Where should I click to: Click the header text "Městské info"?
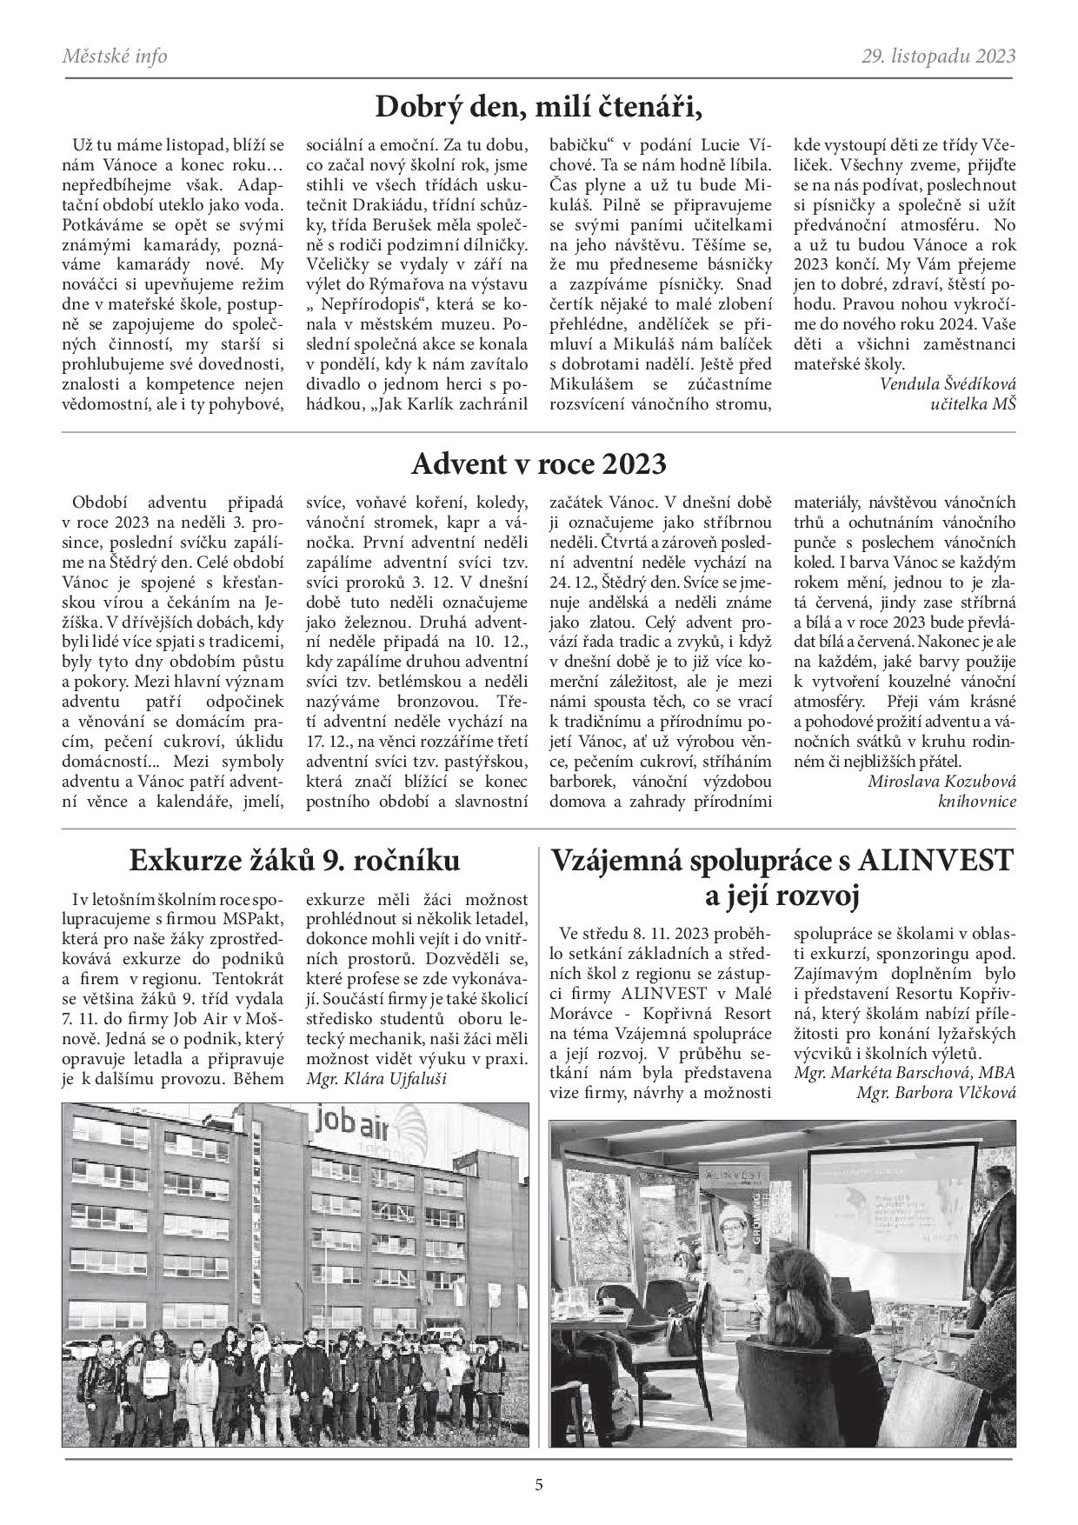coord(115,57)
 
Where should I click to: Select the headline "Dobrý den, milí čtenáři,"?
coord(538,108)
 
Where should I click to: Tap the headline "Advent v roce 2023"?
coord(538,464)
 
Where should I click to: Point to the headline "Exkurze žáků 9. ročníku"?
coord(295,860)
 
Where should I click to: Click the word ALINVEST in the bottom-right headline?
coord(935,860)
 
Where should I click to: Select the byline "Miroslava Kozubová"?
coord(942,780)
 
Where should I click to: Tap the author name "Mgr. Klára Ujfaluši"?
coord(376,1079)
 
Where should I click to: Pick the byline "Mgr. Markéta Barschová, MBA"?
coord(904,1072)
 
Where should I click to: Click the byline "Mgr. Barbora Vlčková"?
coord(935,1094)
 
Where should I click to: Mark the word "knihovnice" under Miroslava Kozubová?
coord(976,801)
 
